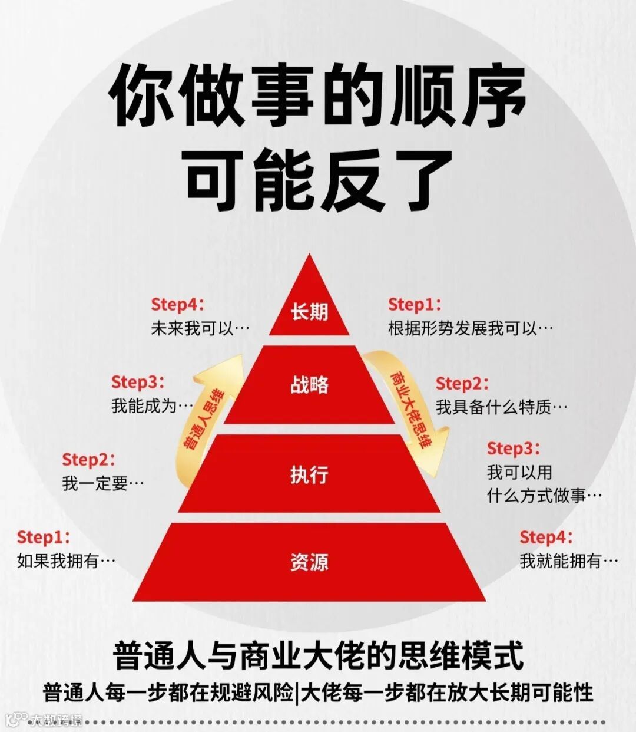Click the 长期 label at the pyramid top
pos(309,311)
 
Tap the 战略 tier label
pos(309,384)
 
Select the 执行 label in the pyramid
pos(309,474)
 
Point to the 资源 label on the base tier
pos(309,562)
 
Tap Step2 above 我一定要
pos(88,459)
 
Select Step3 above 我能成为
pos(138,382)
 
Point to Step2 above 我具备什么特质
pos(462,383)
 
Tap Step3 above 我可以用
pos(513,449)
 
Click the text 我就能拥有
pos(561,561)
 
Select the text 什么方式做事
pos(536,496)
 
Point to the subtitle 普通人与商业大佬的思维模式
pos(318,655)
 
